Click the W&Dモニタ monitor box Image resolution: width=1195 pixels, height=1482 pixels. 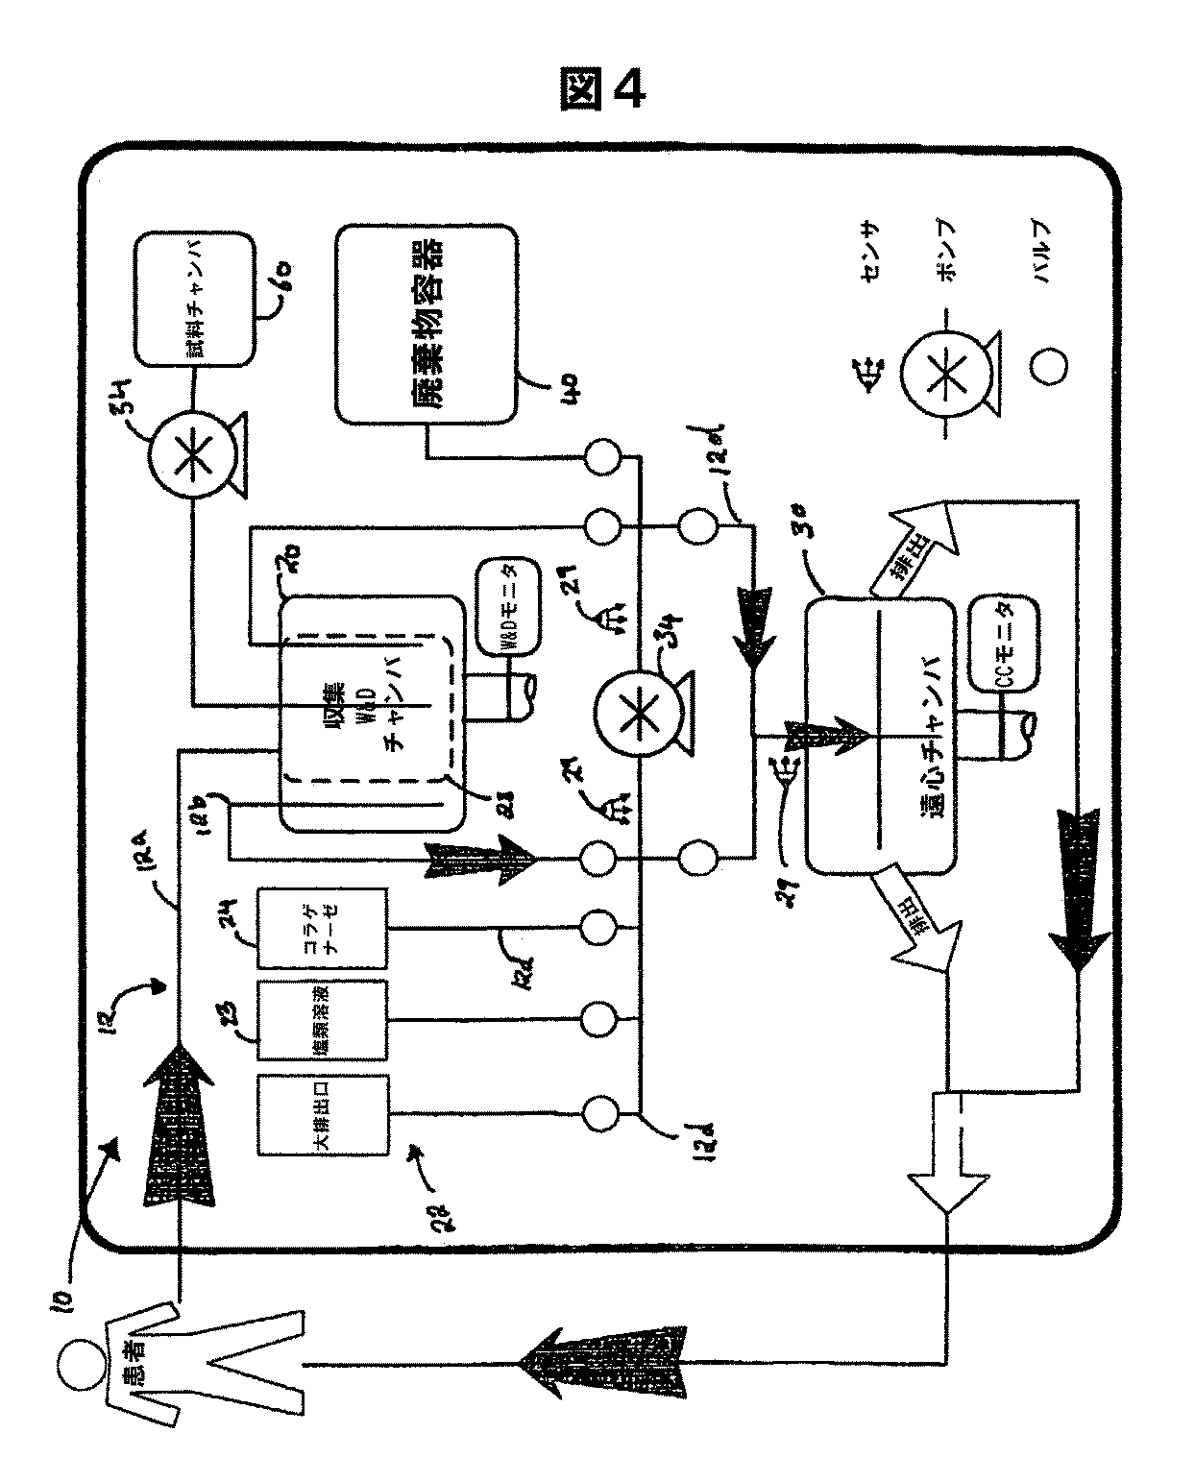pos(509,604)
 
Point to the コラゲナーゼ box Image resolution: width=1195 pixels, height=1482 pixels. pos(323,929)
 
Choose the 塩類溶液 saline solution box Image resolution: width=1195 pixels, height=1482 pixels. pos(323,1022)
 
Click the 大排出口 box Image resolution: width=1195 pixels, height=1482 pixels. pos(323,1114)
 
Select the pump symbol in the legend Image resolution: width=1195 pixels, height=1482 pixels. pos(946,368)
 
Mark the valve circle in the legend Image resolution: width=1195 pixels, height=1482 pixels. pos(1048,367)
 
